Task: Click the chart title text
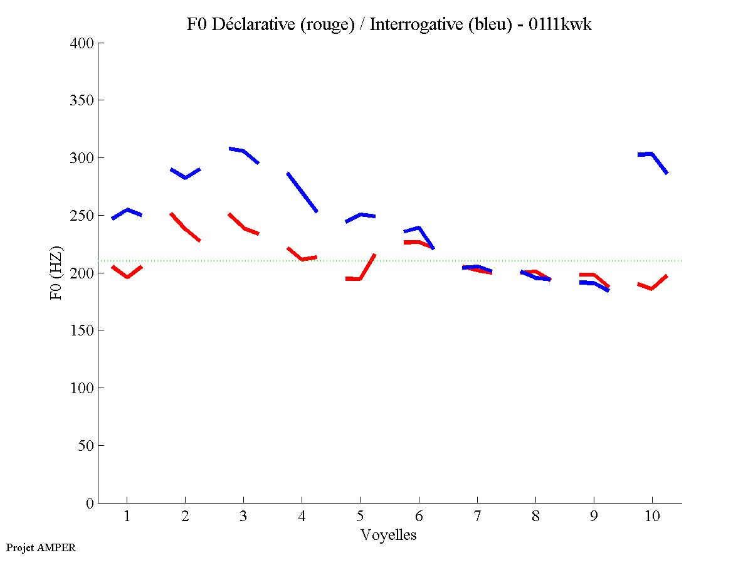389,24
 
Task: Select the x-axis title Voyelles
389,535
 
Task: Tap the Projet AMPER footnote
41,547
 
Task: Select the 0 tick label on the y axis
90,503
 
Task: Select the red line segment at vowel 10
652,288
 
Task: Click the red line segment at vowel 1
127,276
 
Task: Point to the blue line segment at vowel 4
302,192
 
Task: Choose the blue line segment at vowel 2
186,177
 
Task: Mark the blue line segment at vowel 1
127,210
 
